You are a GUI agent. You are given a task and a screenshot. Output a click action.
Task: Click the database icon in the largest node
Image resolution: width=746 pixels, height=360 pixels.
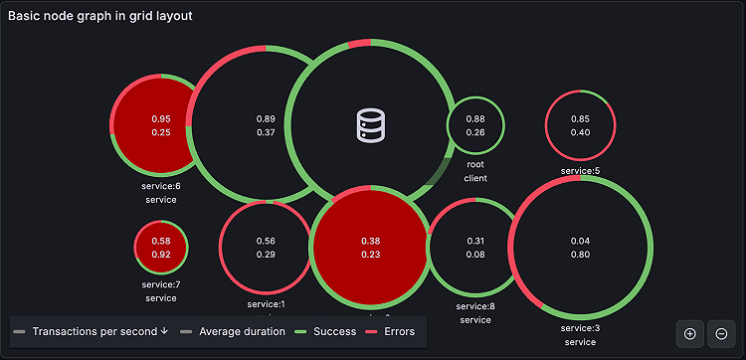[370, 124]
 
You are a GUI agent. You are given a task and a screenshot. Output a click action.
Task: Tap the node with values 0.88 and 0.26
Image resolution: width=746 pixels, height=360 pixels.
[475, 125]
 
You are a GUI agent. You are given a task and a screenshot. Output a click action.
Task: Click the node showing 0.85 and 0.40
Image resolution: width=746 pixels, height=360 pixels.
[580, 125]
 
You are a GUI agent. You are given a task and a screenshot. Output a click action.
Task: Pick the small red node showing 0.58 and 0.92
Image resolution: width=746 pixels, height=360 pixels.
[161, 248]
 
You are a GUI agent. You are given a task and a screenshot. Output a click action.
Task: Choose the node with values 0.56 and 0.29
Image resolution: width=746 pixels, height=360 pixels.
[266, 248]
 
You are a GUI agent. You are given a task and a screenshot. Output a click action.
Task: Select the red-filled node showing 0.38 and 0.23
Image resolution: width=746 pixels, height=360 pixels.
[370, 248]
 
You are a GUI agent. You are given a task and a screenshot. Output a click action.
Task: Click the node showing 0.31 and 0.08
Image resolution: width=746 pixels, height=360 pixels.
[475, 248]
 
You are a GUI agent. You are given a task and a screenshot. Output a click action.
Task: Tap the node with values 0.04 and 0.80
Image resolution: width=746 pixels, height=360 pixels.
[580, 248]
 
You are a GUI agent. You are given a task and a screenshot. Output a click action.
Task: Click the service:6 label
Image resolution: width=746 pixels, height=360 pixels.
[161, 186]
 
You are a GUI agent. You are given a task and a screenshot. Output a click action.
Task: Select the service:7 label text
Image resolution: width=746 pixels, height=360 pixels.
[161, 284]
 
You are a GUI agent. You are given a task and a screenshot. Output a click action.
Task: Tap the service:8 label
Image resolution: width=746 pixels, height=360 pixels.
[475, 306]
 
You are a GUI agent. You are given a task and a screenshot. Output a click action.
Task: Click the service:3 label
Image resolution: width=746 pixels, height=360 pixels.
[580, 328]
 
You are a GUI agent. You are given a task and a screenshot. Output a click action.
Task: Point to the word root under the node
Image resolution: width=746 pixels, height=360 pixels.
[475, 164]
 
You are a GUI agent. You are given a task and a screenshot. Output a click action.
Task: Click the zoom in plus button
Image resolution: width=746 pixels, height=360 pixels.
[690, 333]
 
